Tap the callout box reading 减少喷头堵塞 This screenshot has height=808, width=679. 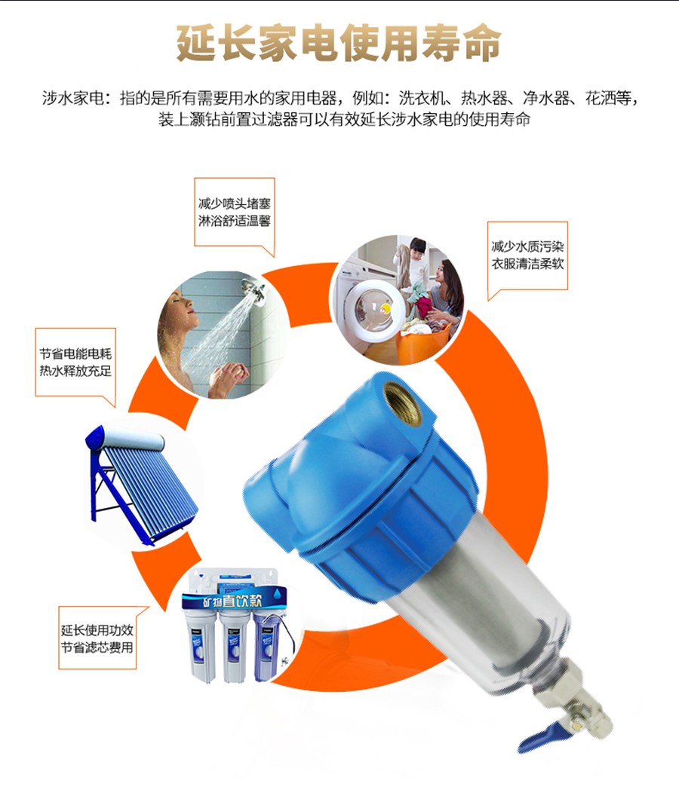(234, 213)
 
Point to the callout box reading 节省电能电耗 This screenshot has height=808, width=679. (75, 363)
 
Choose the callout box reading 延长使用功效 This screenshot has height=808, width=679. (97, 638)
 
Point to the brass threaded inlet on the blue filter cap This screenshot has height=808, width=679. (402, 403)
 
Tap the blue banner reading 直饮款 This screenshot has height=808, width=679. (234, 600)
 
